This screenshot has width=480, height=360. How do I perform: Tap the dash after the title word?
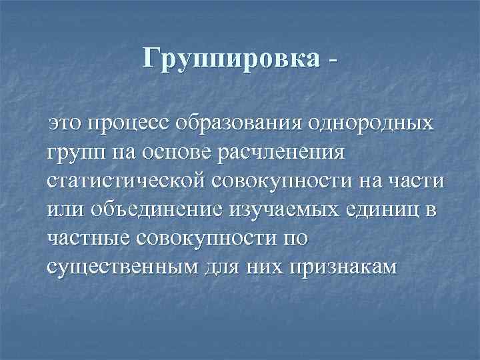pos(331,60)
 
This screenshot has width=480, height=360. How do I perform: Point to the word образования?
pos(247,124)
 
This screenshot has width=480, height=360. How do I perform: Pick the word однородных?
pos(375,124)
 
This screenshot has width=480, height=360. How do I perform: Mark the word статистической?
pos(127,181)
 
